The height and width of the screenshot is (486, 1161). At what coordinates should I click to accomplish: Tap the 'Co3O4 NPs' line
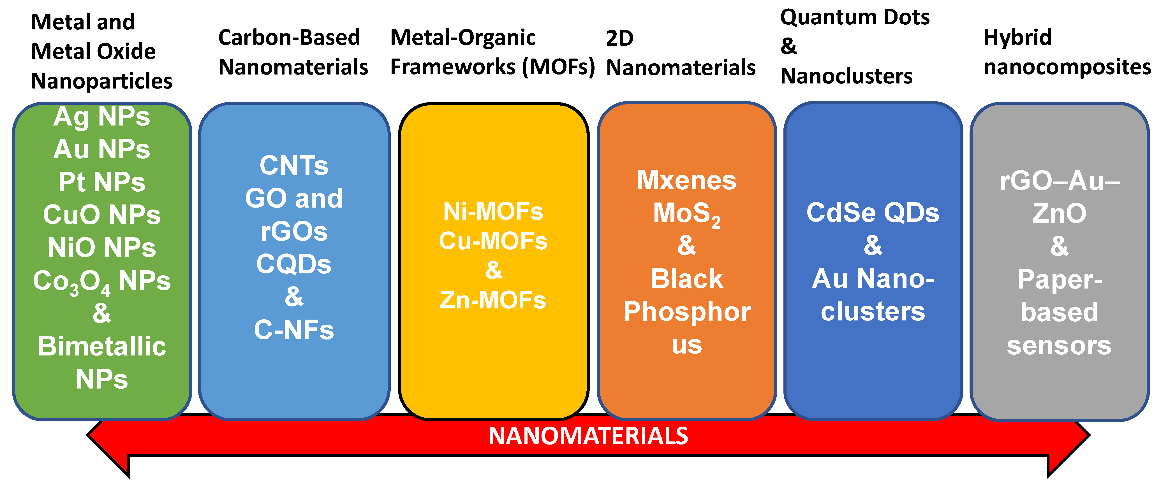point(102,281)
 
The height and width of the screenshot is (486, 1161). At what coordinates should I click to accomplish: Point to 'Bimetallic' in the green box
point(102,347)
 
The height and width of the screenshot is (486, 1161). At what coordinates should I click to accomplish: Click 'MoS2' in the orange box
point(686,213)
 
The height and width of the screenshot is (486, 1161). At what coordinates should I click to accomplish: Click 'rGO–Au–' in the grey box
point(1060,181)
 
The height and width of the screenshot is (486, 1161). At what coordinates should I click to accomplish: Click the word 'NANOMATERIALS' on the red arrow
point(588,436)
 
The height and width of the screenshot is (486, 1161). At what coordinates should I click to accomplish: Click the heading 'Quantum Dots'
point(855,17)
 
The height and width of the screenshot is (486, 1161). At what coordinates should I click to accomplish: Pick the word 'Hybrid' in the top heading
point(1018,37)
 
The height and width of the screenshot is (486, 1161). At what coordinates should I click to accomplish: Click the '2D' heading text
point(620,38)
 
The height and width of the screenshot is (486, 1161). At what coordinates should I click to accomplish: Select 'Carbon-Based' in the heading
point(289,37)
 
